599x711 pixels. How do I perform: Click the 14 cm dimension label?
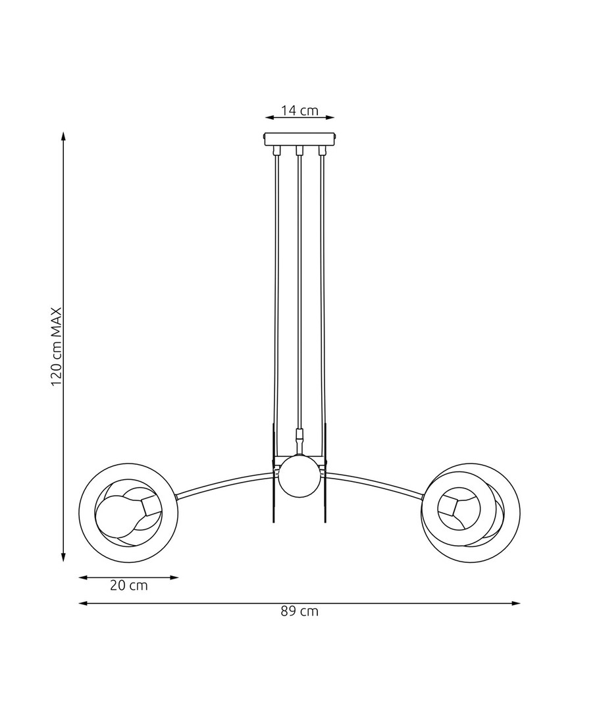click(x=299, y=110)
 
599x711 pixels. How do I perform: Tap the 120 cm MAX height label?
click(x=56, y=346)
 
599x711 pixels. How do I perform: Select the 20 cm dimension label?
click(x=129, y=585)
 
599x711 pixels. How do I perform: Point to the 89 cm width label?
click(x=299, y=611)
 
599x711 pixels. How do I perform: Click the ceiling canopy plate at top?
click(x=299, y=139)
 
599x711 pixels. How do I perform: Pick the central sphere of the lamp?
click(x=299, y=477)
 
